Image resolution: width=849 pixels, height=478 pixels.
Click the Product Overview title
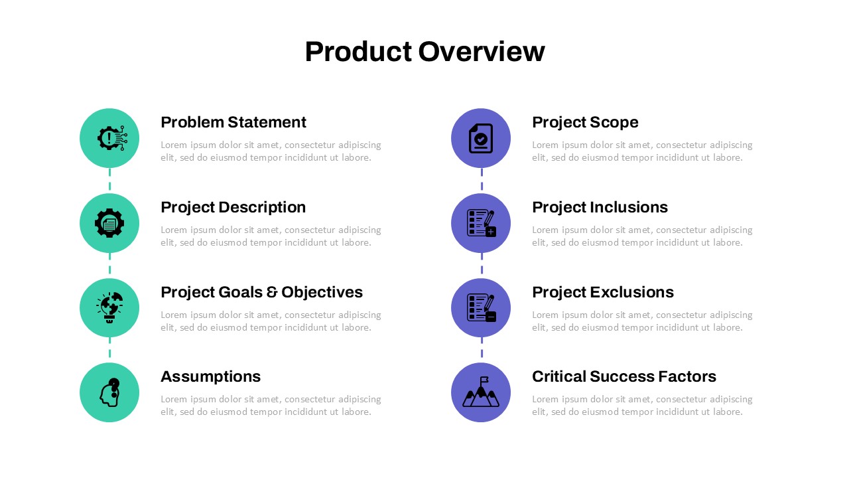click(425, 52)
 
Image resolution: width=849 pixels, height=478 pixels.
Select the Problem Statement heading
click(233, 122)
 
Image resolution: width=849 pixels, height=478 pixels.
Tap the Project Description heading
click(233, 208)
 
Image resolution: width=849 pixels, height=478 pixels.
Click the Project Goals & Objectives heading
click(261, 293)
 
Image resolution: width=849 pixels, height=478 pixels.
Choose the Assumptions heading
click(211, 376)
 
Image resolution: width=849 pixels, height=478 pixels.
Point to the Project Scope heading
click(585, 123)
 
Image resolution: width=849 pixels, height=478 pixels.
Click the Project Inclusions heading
click(600, 208)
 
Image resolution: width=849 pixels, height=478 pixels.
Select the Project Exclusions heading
click(603, 292)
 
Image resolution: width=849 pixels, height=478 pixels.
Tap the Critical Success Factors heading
click(624, 376)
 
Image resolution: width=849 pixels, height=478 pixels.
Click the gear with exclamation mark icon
click(112, 137)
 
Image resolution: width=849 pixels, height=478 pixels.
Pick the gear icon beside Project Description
click(109, 223)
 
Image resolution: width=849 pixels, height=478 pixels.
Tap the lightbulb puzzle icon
click(109, 307)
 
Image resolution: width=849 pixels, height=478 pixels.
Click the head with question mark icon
click(110, 392)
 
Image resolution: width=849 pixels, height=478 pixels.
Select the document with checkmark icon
click(481, 138)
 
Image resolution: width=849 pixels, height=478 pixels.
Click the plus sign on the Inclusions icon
click(491, 232)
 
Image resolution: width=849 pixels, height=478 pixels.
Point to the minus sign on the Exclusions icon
click(491, 317)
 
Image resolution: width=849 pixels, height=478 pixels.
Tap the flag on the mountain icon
click(484, 380)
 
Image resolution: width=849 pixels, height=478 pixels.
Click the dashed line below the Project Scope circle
click(482, 179)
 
